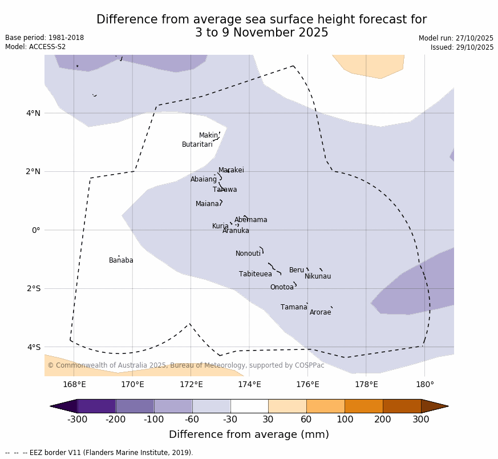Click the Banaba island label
pyautogui.click(x=121, y=260)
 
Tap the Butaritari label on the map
pyautogui.click(x=197, y=144)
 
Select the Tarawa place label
pyautogui.click(x=225, y=190)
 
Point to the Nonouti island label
pyautogui.click(x=248, y=253)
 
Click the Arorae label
pyautogui.click(x=320, y=312)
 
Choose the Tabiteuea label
pyautogui.click(x=256, y=274)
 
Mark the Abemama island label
pyautogui.click(x=250, y=220)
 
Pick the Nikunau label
pyautogui.click(x=318, y=276)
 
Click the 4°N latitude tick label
pyautogui.click(x=33, y=113)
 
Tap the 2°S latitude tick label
pyautogui.click(x=33, y=288)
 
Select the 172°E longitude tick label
pyautogui.click(x=191, y=384)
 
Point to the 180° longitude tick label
pyautogui.click(x=424, y=384)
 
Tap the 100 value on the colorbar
pyautogui.click(x=345, y=420)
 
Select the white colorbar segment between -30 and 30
pyautogui.click(x=249, y=406)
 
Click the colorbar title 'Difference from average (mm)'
pyautogui.click(x=249, y=434)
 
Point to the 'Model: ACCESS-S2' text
pyautogui.click(x=35, y=47)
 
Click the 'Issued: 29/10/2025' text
pyautogui.click(x=462, y=47)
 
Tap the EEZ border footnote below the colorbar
pyautogui.click(x=99, y=453)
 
